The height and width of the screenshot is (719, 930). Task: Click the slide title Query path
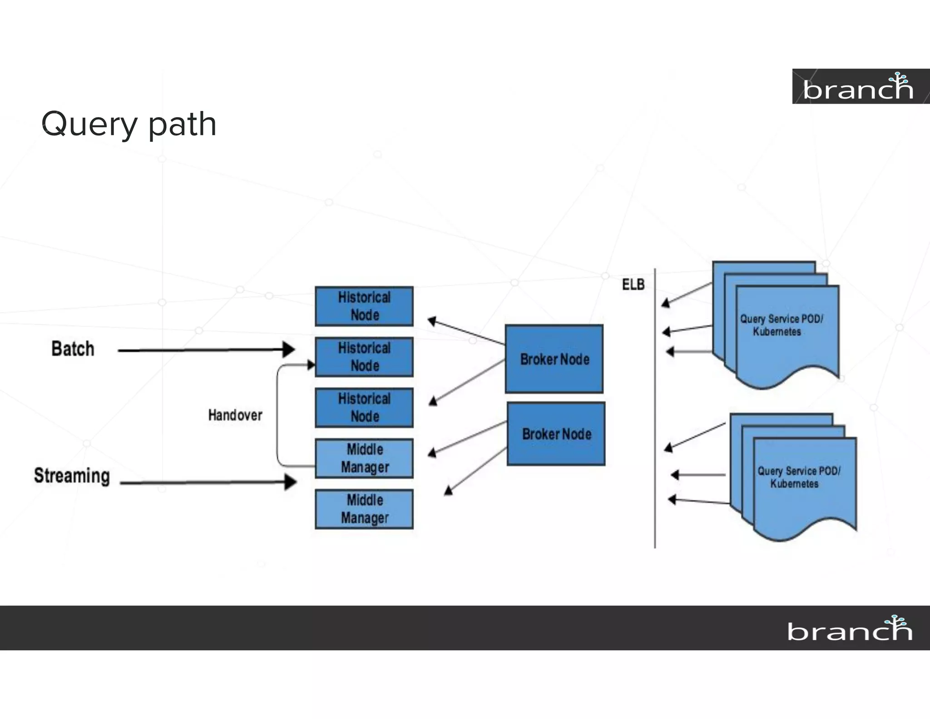[129, 124]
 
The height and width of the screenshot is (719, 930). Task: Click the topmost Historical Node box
[364, 306]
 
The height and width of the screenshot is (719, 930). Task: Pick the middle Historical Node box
[364, 357]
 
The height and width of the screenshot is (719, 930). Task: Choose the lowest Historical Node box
[364, 408]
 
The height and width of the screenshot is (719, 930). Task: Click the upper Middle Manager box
[364, 458]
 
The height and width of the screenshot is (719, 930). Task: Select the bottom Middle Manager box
[364, 509]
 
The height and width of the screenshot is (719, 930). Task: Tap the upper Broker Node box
[554, 359]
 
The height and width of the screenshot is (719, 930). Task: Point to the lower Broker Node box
[556, 434]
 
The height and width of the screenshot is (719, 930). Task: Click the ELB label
[633, 285]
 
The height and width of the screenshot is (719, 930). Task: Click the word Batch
[73, 349]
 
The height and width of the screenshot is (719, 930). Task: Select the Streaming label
[72, 476]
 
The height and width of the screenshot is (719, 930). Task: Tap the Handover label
[235, 415]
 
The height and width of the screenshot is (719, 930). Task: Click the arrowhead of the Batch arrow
[289, 350]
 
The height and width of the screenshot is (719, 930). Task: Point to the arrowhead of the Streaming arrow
[291, 482]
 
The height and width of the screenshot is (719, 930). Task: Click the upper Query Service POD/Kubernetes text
[781, 325]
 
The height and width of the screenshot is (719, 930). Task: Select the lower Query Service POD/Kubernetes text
[798, 477]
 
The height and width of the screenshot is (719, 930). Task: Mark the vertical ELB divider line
[655, 409]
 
